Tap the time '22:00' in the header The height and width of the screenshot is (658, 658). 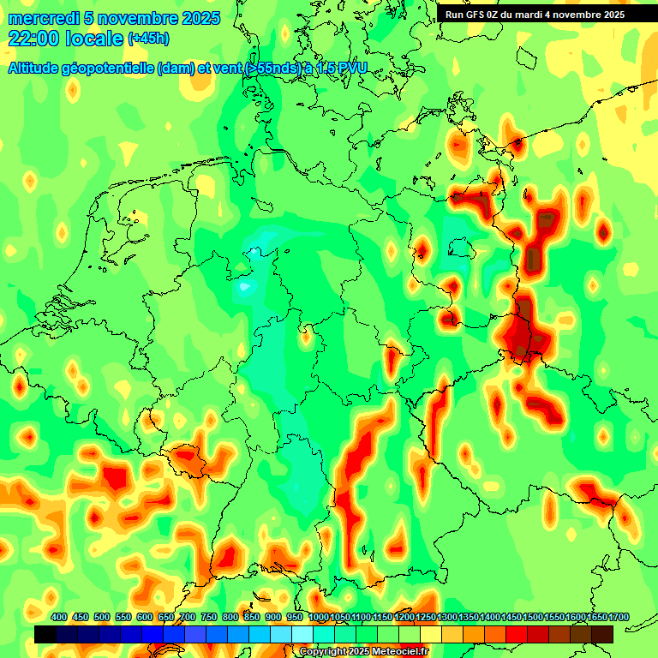click(34, 38)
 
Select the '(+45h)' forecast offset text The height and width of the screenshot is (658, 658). click(148, 39)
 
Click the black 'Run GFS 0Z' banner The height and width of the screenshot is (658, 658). click(535, 15)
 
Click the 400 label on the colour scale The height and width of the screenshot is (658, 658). click(59, 618)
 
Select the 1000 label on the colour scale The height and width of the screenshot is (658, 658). click(318, 618)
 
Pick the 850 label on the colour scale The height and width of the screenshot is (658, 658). click(252, 618)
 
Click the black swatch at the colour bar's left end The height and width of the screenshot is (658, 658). click(45, 634)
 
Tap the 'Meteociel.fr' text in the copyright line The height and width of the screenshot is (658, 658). click(400, 652)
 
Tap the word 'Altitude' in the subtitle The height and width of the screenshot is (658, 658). click(33, 69)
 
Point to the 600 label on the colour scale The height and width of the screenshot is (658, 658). click(145, 618)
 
